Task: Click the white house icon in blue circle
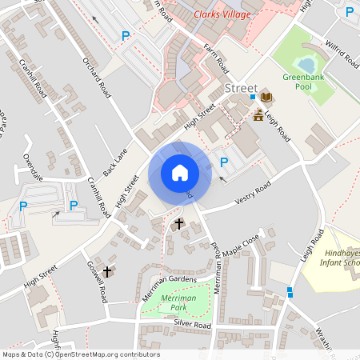tap(179, 172)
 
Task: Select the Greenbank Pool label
tap(302, 82)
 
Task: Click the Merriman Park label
tap(178, 302)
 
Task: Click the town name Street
tap(241, 87)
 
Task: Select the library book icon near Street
tap(266, 97)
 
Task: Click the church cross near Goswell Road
tap(107, 272)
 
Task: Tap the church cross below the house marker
tap(178, 225)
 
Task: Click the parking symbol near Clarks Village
tap(125, 36)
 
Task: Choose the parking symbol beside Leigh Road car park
tap(224, 162)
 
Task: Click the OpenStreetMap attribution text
tap(81, 354)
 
